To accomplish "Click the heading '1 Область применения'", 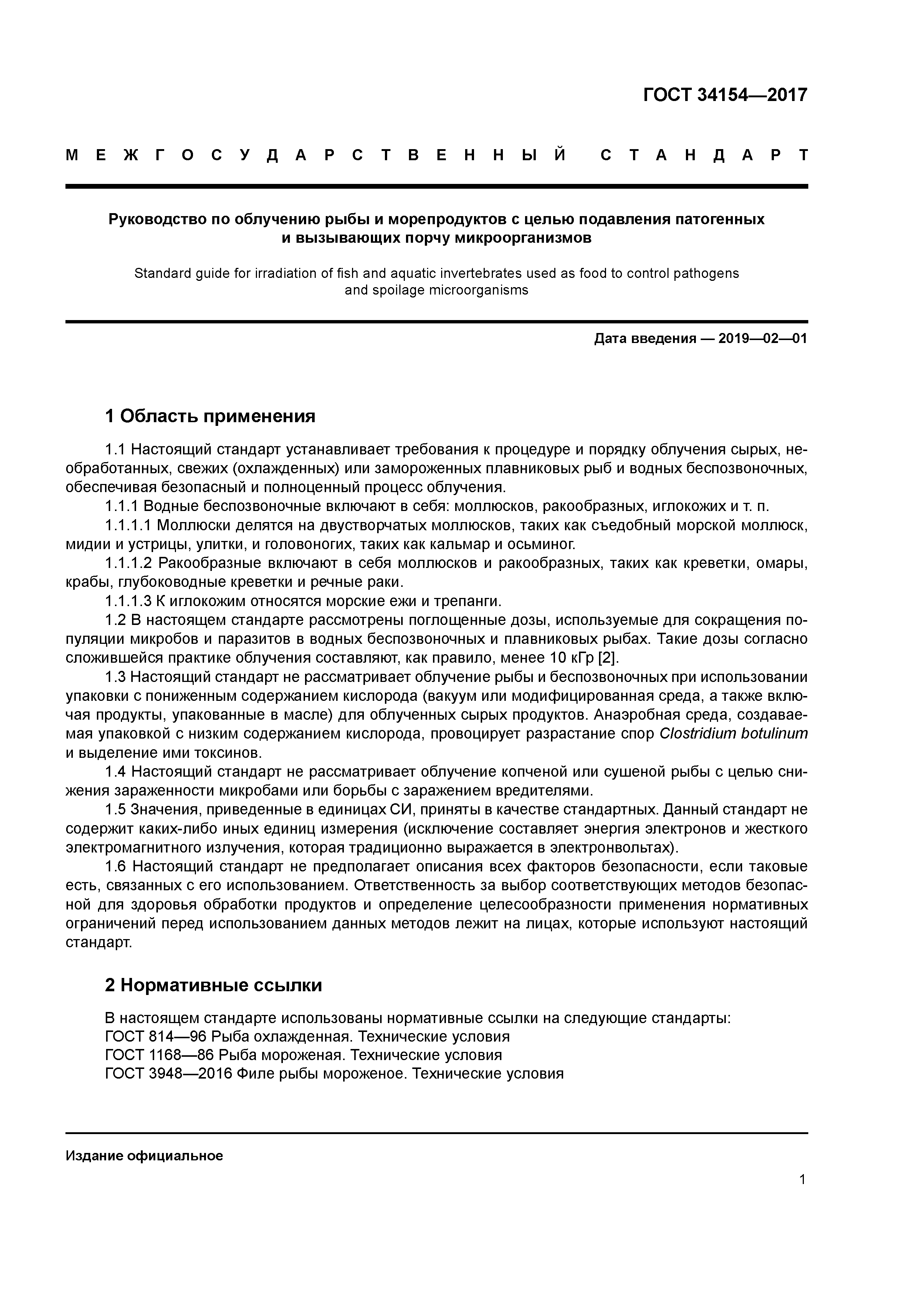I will pyautogui.click(x=210, y=417).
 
